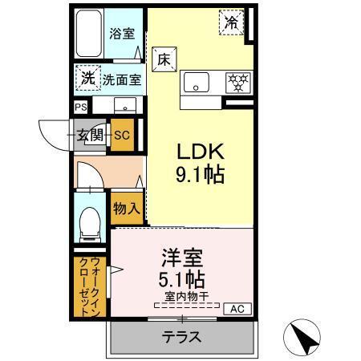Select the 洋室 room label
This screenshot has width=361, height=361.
[184, 258]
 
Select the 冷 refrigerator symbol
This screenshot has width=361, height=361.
[231, 24]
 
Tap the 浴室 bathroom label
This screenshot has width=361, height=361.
[122, 34]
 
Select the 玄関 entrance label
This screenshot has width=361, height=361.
[89, 135]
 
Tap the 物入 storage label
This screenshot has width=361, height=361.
[127, 209]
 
